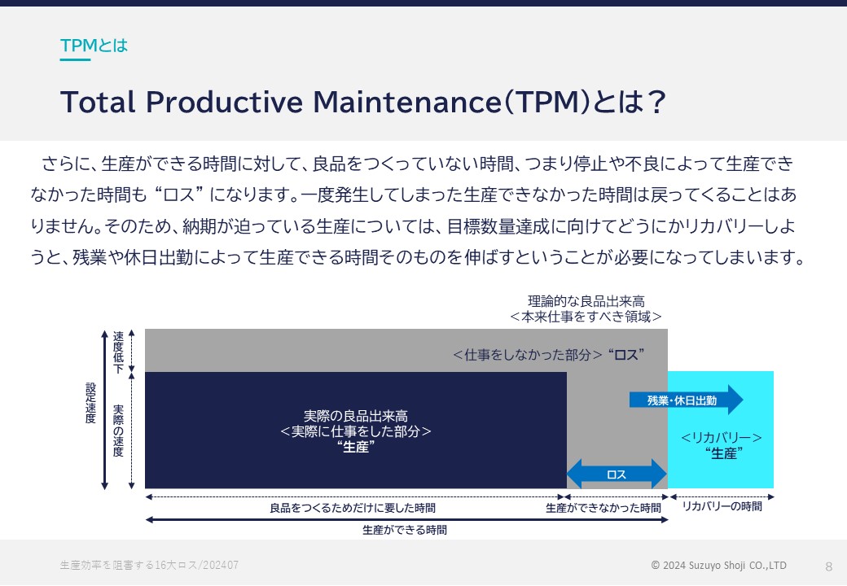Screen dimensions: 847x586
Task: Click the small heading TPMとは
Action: pos(94,46)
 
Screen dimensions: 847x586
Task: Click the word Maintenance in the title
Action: pos(408,102)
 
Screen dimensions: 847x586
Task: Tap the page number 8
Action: pos(828,566)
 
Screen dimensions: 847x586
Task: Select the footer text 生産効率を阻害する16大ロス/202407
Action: pos(149,565)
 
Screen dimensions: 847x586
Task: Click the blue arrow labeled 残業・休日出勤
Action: pos(686,400)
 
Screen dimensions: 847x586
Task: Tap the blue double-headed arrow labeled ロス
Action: pos(617,474)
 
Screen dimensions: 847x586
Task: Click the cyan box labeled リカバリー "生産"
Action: pos(721,430)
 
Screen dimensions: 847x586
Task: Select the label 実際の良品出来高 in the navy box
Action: pos(355,416)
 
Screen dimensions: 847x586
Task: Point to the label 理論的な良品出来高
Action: pos(586,301)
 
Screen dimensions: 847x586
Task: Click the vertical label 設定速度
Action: pos(90,403)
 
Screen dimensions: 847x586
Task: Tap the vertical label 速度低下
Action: pos(118,352)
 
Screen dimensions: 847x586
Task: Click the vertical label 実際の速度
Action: pos(118,431)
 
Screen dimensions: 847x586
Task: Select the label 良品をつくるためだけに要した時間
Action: pos(353,508)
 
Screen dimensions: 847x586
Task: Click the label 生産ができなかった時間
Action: pos(603,508)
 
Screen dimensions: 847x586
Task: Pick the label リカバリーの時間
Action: pos(722,506)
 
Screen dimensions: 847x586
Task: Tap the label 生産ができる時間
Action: pos(405,530)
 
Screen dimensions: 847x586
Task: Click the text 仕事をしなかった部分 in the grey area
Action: pos(528,355)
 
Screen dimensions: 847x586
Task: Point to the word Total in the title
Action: pos(99,102)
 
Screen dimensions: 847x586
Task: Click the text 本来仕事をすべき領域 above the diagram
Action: pos(586,317)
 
